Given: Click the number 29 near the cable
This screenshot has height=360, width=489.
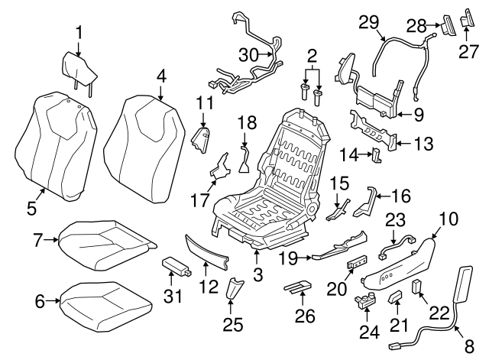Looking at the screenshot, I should (369, 24).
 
